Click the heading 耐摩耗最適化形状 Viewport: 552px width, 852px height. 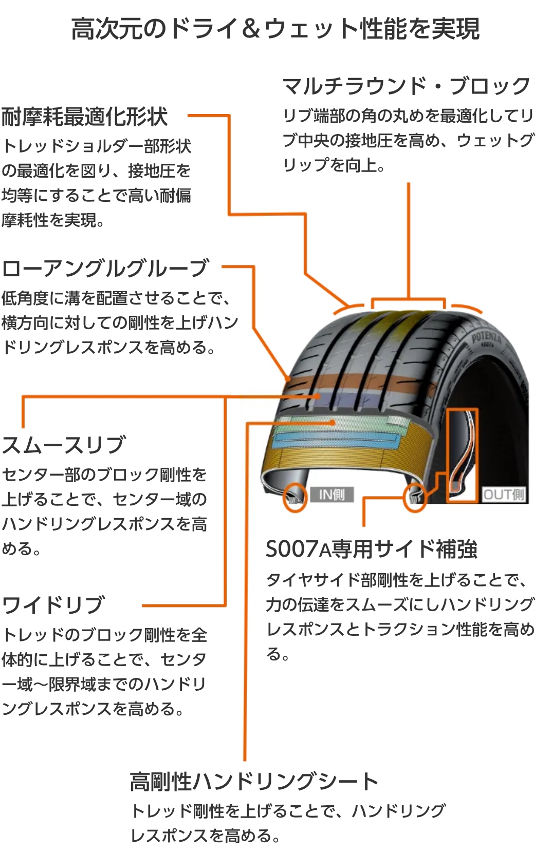click(x=84, y=117)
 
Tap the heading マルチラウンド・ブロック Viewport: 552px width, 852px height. click(x=406, y=86)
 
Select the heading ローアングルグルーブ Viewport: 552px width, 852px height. click(x=105, y=268)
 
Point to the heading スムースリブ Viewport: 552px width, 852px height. click(x=64, y=445)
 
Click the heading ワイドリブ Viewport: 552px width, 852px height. click(x=53, y=605)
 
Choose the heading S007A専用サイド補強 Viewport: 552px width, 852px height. click(x=371, y=549)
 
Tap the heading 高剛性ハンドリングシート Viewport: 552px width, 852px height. click(x=254, y=782)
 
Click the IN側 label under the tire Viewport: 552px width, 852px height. click(x=332, y=495)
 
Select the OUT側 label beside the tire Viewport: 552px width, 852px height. click(x=503, y=495)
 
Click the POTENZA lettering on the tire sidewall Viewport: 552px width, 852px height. click(x=486, y=337)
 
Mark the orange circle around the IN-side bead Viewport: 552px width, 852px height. click(x=295, y=497)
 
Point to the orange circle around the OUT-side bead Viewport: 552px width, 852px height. click(x=414, y=497)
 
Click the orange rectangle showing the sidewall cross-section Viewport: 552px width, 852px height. click(x=462, y=454)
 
